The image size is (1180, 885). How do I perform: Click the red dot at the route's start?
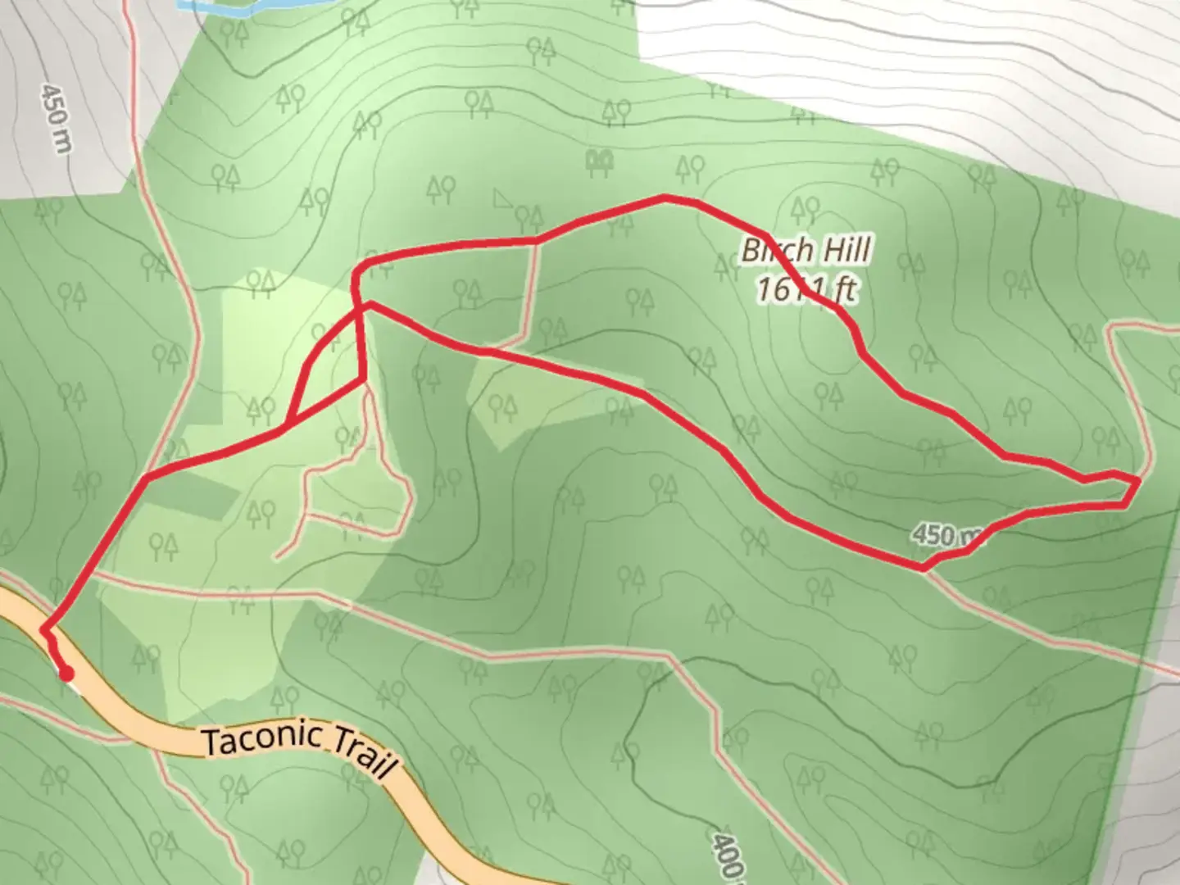pyautogui.click(x=66, y=674)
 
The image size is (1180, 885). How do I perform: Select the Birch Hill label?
pyautogui.click(x=806, y=250)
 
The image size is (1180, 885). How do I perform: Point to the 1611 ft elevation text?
pyautogui.click(x=806, y=288)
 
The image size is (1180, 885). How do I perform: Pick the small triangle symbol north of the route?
pyautogui.click(x=501, y=198)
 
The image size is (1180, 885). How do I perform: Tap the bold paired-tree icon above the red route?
pyautogui.click(x=601, y=161)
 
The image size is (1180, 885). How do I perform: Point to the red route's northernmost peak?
pyautogui.click(x=664, y=197)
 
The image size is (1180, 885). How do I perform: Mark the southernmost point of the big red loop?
pyautogui.click(x=923, y=567)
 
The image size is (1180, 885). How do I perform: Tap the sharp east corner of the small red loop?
pyautogui.click(x=362, y=379)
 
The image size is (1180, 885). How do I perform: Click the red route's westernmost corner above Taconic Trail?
pyautogui.click(x=146, y=477)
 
